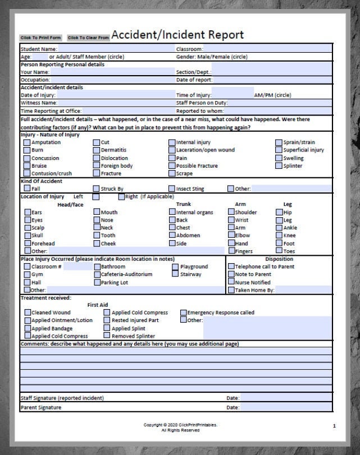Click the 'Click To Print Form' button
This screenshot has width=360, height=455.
coord(40,38)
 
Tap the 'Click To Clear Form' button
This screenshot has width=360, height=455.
coord(88,38)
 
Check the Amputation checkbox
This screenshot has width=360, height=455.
coord(27,143)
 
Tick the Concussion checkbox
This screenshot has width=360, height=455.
coord(27,158)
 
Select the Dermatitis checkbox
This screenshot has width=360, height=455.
coord(97,150)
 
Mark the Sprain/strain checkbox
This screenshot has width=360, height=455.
coord(279,143)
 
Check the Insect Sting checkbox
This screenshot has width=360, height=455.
coord(172,189)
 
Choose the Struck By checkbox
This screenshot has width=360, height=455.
coord(97,189)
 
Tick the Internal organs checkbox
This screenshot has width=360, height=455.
coord(172,213)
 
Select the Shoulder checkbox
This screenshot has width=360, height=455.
coord(231,213)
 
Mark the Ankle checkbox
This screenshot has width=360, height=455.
coord(279,228)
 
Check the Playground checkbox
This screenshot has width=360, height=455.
coord(175,267)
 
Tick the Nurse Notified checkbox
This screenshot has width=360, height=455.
coord(231,283)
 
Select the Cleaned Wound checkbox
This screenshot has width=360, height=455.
coord(27,312)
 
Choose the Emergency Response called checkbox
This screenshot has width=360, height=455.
coord(183,312)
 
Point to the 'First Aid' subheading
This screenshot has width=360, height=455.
coord(98,305)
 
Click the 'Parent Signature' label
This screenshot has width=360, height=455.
coord(41,407)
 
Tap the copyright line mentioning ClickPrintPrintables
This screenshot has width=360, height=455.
coord(180,425)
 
